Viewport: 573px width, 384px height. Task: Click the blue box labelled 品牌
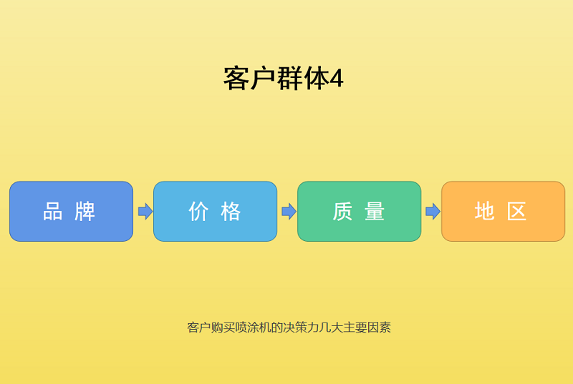[x=71, y=211]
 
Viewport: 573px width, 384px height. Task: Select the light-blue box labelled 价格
[x=215, y=211]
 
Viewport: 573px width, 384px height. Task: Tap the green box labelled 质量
[x=359, y=211]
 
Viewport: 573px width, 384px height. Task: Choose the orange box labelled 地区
[x=503, y=211]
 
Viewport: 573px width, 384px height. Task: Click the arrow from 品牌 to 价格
[x=145, y=211]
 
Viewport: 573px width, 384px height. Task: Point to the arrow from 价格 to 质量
[x=289, y=211]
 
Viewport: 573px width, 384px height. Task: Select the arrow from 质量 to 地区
[x=433, y=211]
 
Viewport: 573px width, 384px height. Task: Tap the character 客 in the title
[x=236, y=79]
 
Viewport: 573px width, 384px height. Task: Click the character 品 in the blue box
[x=53, y=212]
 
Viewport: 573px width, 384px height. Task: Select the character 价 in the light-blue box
[x=198, y=212]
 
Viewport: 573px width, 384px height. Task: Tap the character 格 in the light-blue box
[x=231, y=212]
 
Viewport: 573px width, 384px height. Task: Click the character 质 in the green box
[x=342, y=212]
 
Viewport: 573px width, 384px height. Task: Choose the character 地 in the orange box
[x=485, y=212]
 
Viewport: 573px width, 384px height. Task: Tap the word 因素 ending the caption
[x=379, y=328]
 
